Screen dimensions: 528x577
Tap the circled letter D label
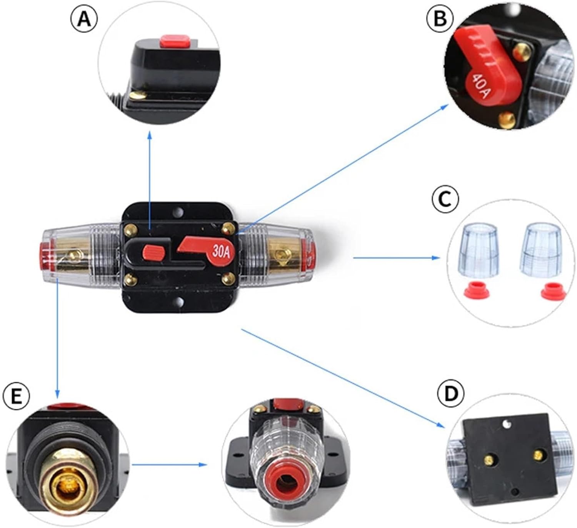451,393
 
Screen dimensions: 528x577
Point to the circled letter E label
16,396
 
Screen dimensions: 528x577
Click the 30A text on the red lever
222,253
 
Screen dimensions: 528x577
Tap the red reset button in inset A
176,41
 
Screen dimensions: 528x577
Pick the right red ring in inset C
553,291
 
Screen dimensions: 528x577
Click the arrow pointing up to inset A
150,181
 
